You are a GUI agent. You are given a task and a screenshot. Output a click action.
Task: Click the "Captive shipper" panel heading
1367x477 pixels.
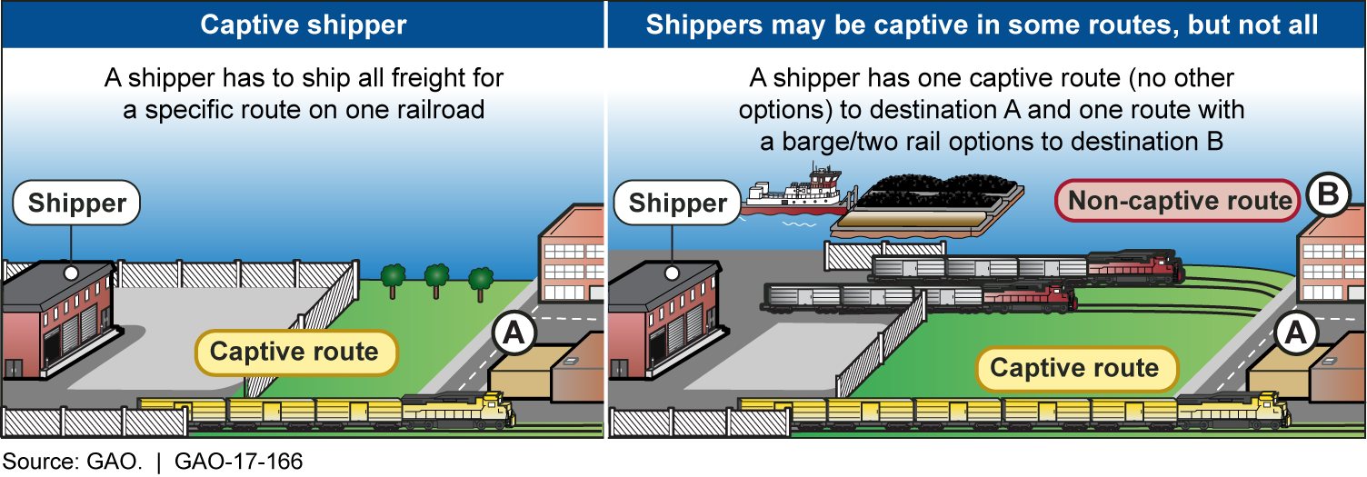(304, 24)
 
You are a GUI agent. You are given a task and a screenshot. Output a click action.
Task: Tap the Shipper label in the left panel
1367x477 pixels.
(76, 203)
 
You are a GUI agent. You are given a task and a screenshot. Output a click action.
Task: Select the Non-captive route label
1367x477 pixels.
(1179, 201)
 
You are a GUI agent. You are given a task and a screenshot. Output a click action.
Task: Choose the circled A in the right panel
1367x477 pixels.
(1294, 333)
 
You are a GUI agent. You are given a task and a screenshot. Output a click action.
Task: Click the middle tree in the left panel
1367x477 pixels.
(437, 277)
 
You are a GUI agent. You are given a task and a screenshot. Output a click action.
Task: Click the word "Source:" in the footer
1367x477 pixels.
(43, 462)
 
